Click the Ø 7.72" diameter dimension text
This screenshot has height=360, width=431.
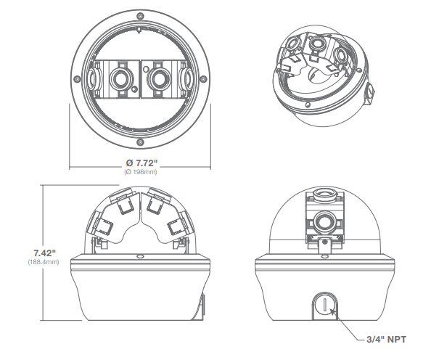tap(141, 163)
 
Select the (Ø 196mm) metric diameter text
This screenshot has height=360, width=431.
tap(141, 172)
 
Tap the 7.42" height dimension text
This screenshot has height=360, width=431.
tap(45, 253)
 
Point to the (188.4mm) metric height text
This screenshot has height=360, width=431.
tap(44, 262)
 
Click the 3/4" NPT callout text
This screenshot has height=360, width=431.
tap(386, 340)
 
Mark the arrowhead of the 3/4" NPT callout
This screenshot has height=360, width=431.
tap(332, 311)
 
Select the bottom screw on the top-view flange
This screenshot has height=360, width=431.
tap(141, 142)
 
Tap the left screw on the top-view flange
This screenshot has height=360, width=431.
tap(78, 79)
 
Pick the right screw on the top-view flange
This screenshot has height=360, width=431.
tap(203, 79)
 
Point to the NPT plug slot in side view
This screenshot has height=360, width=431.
tap(325, 305)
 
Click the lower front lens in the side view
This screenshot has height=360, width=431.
tap(325, 223)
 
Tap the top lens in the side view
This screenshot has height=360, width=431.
tap(324, 193)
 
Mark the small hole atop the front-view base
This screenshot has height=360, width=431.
tap(140, 256)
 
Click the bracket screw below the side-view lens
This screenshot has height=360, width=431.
tap(325, 242)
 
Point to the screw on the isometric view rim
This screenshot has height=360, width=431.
tap(308, 105)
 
